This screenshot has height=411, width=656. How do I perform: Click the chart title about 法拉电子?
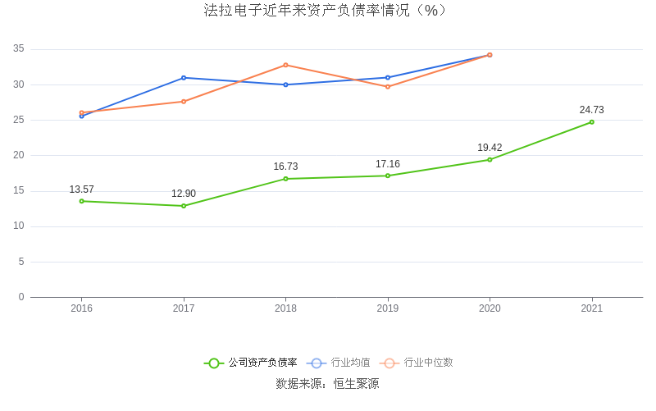pyautogui.click(x=326, y=11)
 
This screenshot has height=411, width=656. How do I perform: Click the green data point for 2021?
pyautogui.click(x=592, y=122)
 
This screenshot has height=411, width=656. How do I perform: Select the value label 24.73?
pyautogui.click(x=592, y=110)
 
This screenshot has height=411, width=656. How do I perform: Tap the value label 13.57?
pyautogui.click(x=81, y=190)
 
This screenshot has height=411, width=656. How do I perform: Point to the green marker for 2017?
pyautogui.click(x=184, y=206)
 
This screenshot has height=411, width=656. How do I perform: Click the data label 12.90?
pyautogui.click(x=184, y=194)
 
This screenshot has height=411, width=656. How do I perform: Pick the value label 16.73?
pyautogui.click(x=285, y=167)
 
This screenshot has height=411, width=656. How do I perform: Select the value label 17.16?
pyautogui.click(x=388, y=164)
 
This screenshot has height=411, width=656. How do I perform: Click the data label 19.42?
pyautogui.click(x=490, y=148)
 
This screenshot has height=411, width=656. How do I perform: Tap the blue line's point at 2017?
pyautogui.click(x=184, y=78)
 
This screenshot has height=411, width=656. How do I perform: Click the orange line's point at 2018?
pyautogui.click(x=285, y=65)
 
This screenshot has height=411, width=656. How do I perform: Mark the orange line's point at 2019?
pyautogui.click(x=388, y=86)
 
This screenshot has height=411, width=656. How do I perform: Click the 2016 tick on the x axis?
pyautogui.click(x=81, y=308)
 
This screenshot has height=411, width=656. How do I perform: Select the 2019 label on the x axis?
pyautogui.click(x=388, y=308)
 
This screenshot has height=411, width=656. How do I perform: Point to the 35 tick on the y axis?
pyautogui.click(x=19, y=49)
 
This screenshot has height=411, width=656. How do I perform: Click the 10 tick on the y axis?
pyautogui.click(x=19, y=226)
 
